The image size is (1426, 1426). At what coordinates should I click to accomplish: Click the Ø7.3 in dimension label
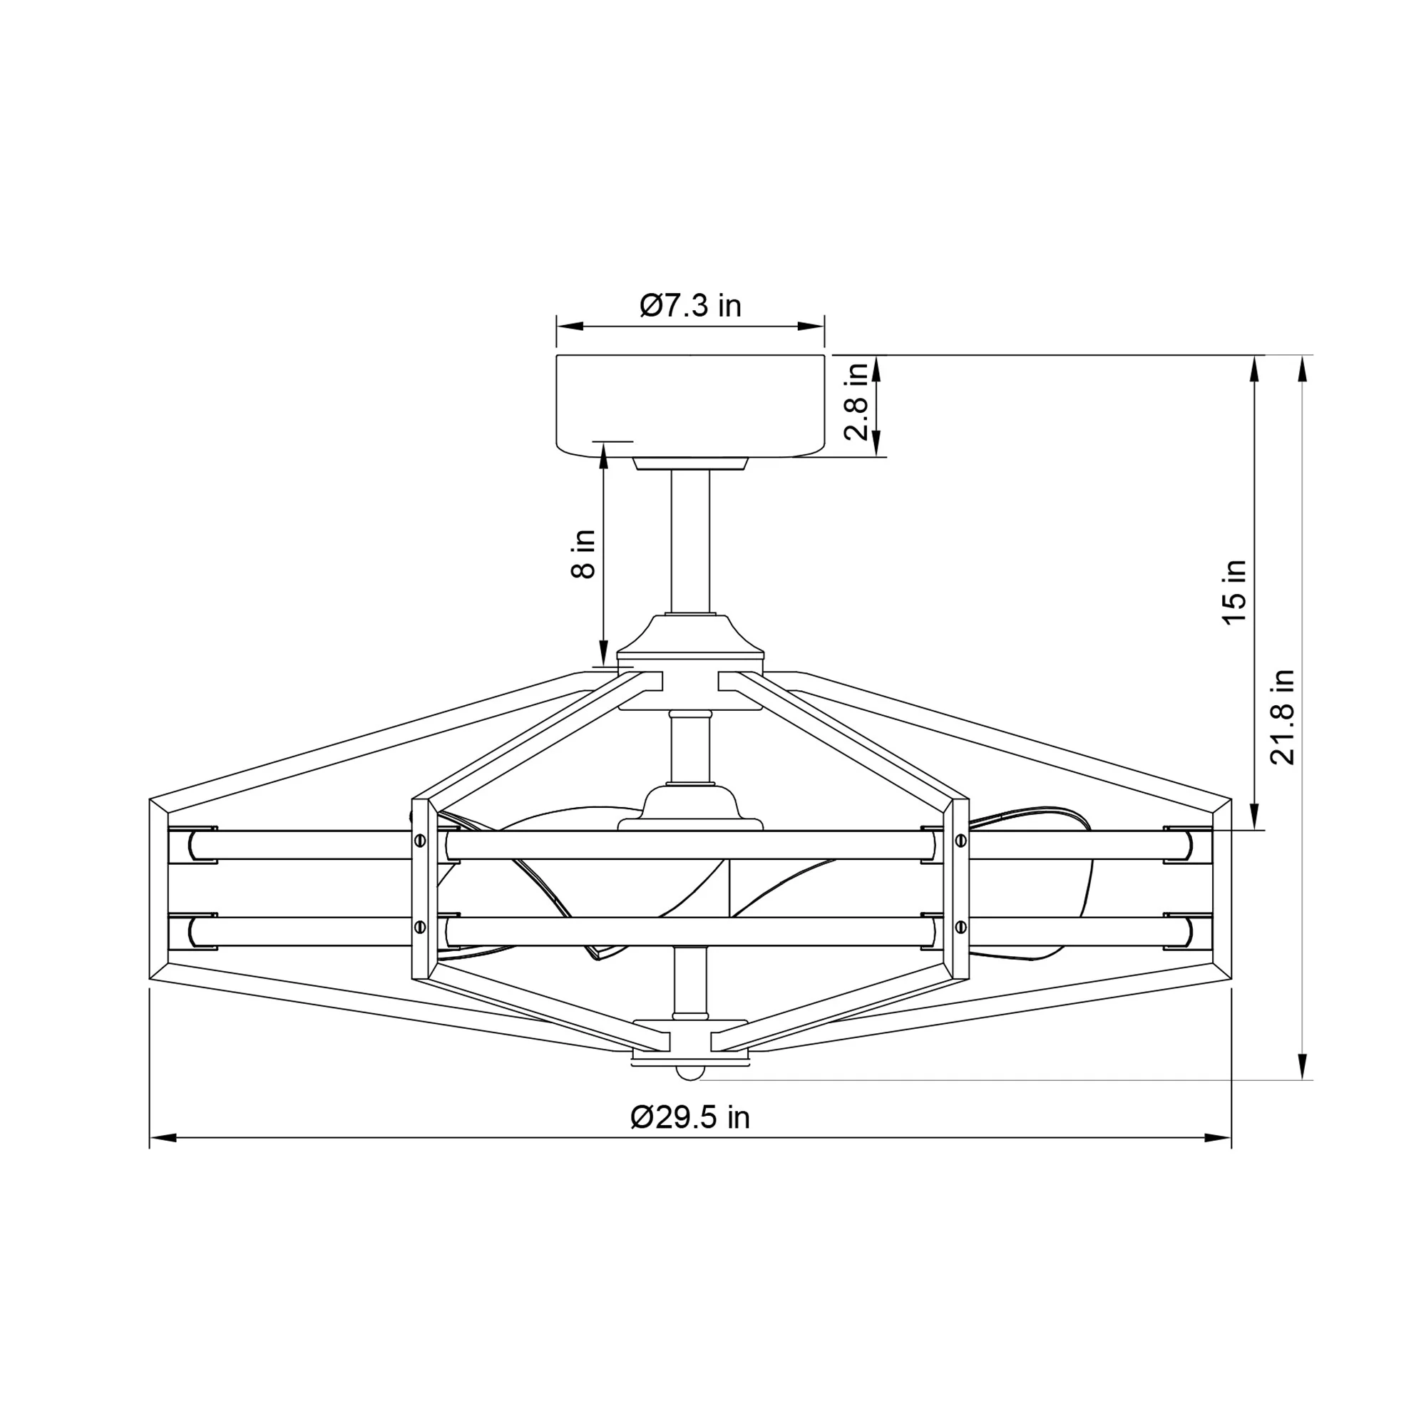(x=690, y=305)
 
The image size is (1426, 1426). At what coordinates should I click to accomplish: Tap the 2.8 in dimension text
(x=856, y=401)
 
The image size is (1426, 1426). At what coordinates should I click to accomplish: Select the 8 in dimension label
(x=583, y=554)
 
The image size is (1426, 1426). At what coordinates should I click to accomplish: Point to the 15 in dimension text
(x=1234, y=592)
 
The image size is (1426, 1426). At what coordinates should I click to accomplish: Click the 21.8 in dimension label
(x=1283, y=717)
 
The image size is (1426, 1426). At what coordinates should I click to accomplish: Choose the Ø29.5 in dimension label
(x=690, y=1117)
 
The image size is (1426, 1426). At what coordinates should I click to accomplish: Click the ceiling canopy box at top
(x=690, y=406)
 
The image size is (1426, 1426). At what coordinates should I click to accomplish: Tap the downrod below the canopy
(x=690, y=542)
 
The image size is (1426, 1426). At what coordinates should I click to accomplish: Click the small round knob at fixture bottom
(x=690, y=1072)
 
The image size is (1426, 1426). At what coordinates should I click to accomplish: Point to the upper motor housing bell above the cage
(x=690, y=635)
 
